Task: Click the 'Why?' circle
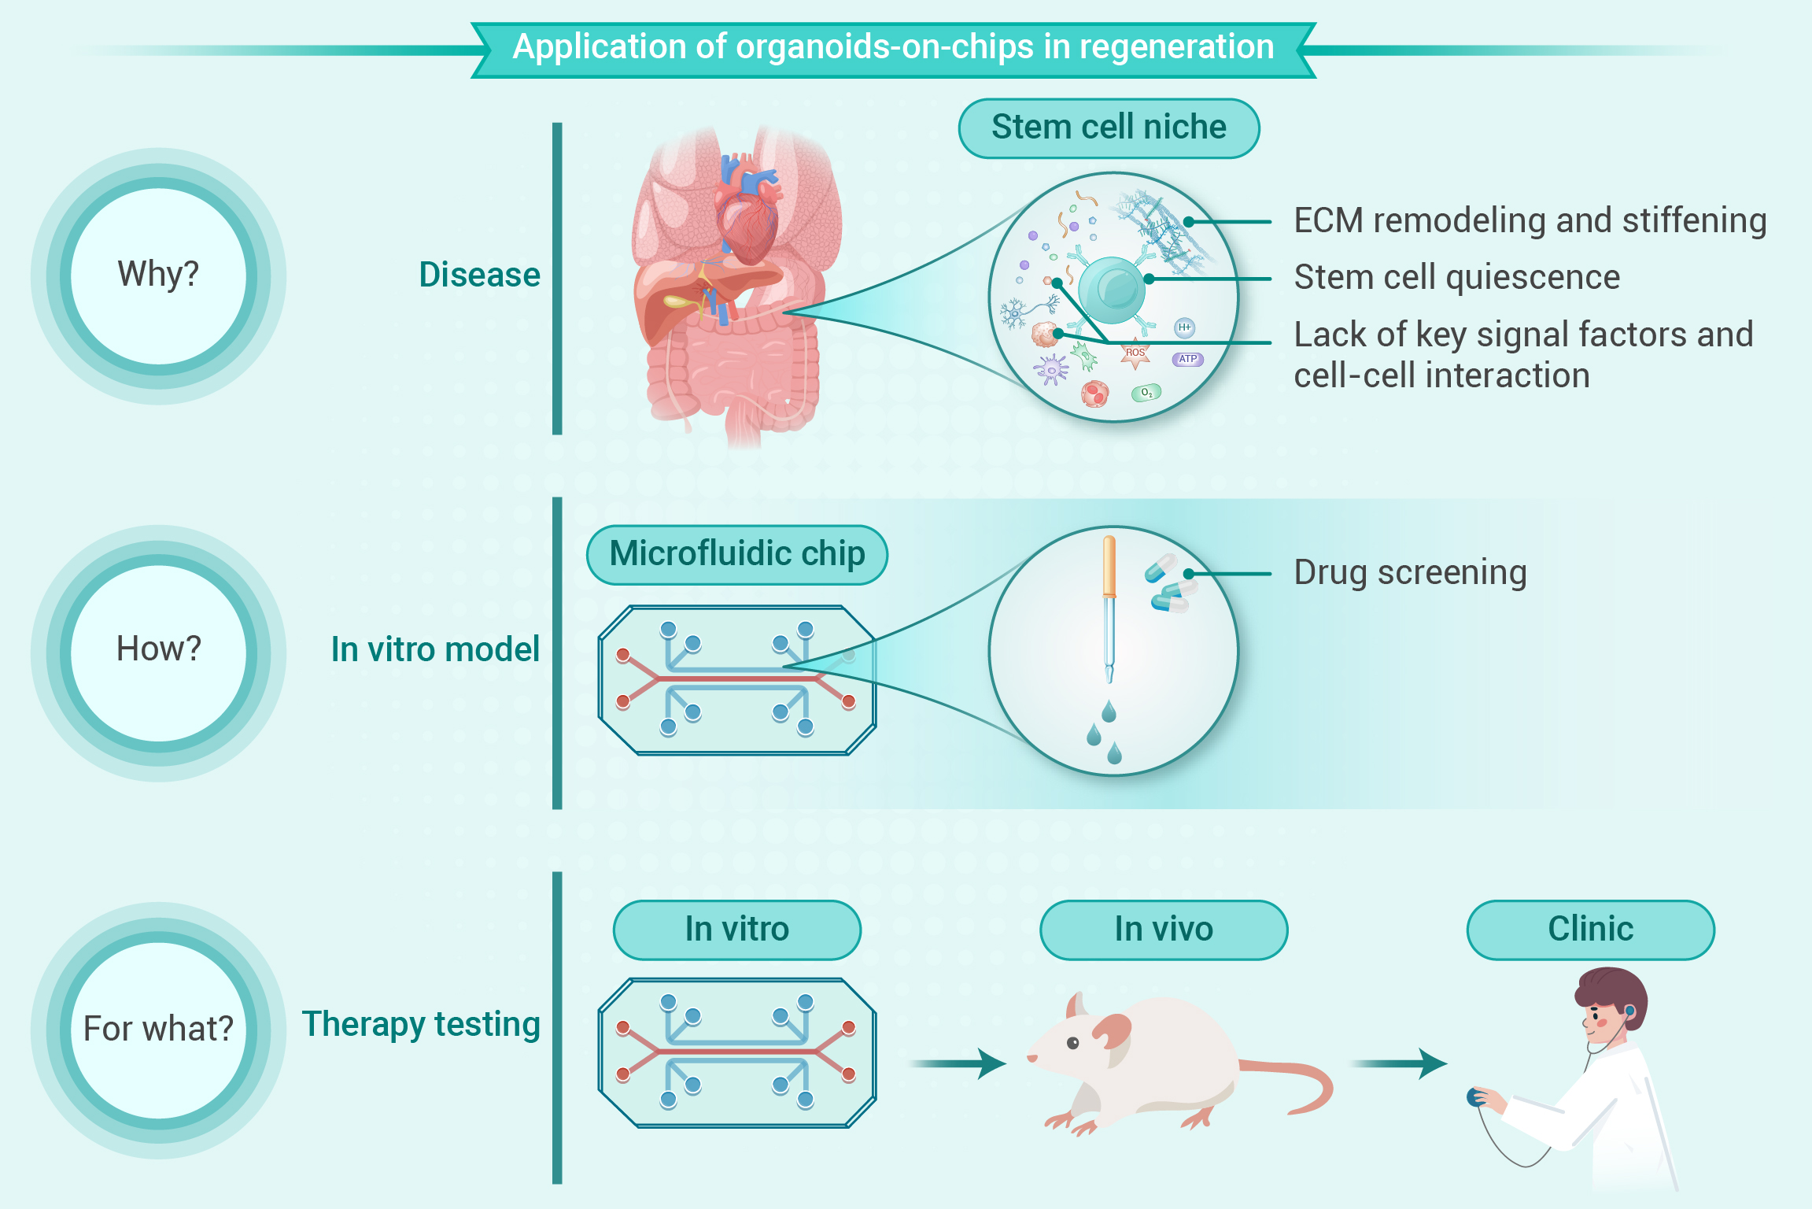pyautogui.click(x=158, y=275)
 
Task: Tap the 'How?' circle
pyautogui.click(x=158, y=653)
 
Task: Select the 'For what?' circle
pyautogui.click(x=158, y=1030)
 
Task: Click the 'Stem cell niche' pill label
pyautogui.click(x=1109, y=128)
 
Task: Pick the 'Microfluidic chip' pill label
pyautogui.click(x=737, y=555)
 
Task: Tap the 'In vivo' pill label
pyautogui.click(x=1164, y=930)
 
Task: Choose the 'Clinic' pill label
pyautogui.click(x=1590, y=930)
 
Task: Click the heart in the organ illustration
pyautogui.click(x=747, y=213)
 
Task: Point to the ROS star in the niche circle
pyautogui.click(x=1135, y=354)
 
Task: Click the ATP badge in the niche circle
pyautogui.click(x=1188, y=359)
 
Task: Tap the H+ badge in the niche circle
pyautogui.click(x=1184, y=327)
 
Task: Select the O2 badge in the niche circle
pyautogui.click(x=1146, y=392)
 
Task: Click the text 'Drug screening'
pyautogui.click(x=1410, y=572)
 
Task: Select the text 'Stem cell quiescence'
pyautogui.click(x=1457, y=277)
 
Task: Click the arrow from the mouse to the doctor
pyautogui.click(x=1400, y=1063)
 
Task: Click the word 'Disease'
pyautogui.click(x=479, y=275)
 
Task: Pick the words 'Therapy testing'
pyautogui.click(x=421, y=1025)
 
